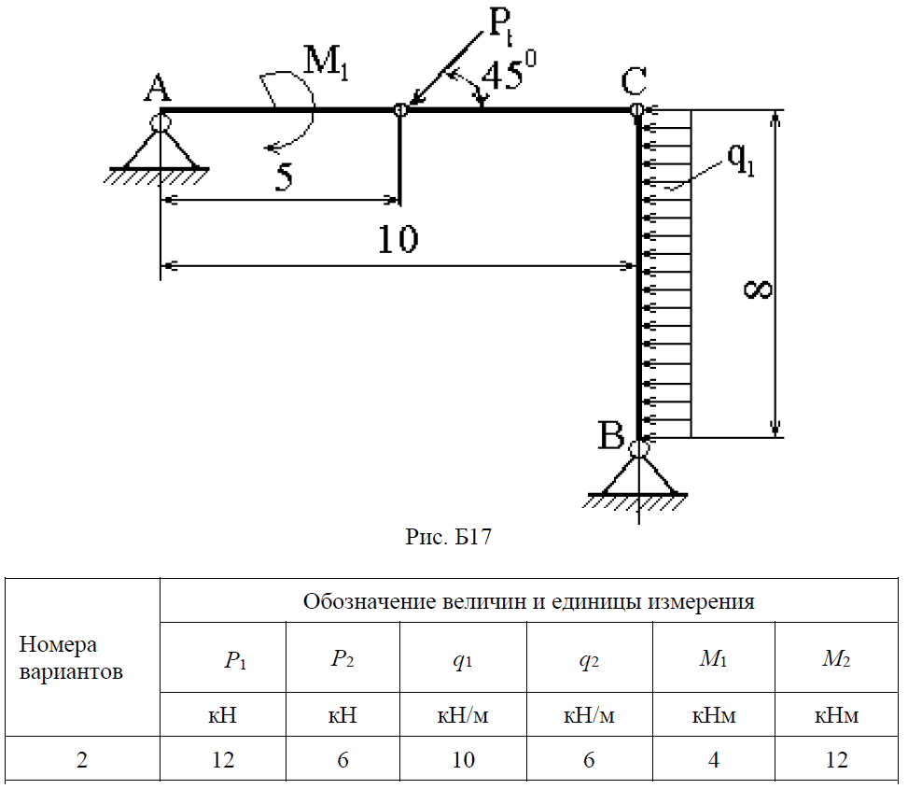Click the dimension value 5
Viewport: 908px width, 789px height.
pyautogui.click(x=287, y=176)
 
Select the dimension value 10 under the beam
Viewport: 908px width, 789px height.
pyautogui.click(x=398, y=241)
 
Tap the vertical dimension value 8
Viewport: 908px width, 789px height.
pyautogui.click(x=759, y=289)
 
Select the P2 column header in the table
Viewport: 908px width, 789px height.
pyautogui.click(x=342, y=659)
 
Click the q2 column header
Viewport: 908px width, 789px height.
pyautogui.click(x=588, y=659)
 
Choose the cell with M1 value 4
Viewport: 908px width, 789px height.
pyautogui.click(x=713, y=759)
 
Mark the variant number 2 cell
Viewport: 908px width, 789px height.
pyautogui.click(x=82, y=759)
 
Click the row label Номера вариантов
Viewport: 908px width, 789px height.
pyautogui.click(x=71, y=658)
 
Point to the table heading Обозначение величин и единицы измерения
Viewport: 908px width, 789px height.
pyautogui.click(x=528, y=601)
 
